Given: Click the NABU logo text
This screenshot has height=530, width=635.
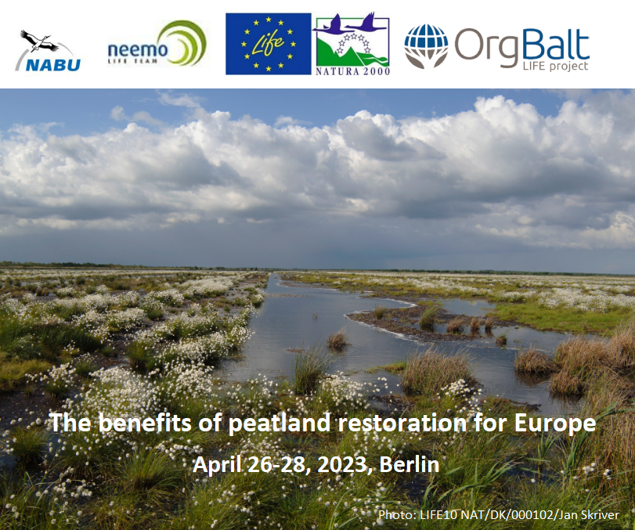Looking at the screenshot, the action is (53, 65).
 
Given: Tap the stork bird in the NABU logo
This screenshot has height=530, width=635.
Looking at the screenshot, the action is (39, 41).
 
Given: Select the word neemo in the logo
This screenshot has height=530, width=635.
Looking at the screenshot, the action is (138, 50).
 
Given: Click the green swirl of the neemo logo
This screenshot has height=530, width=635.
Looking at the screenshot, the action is (186, 43).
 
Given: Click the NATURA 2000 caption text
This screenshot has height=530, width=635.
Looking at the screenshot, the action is (352, 72).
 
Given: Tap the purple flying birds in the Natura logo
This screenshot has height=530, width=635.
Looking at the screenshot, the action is (350, 23).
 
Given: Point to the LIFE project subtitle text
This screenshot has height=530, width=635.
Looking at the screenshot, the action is (555, 66).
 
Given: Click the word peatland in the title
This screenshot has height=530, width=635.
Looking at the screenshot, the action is (280, 423).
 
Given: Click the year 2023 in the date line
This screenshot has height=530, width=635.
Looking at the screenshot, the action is (342, 464).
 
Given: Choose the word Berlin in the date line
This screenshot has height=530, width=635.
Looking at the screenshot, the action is (410, 464).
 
